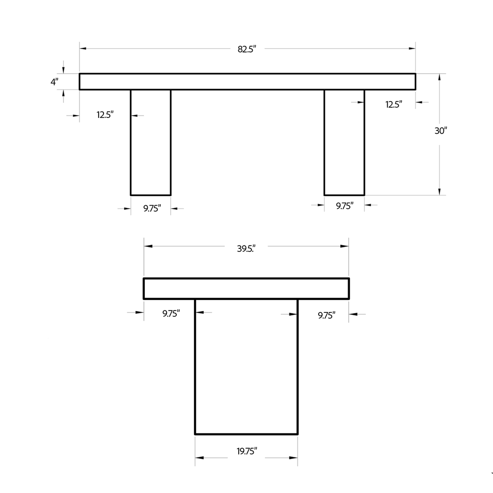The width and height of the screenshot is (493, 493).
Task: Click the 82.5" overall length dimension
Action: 246,49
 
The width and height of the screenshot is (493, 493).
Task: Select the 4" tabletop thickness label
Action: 54,82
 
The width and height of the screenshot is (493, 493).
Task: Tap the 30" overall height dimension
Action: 441,130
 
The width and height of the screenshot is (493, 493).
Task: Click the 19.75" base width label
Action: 246,452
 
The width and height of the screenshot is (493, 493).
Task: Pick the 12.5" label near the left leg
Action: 105,115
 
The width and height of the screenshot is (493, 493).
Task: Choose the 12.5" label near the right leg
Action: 393,104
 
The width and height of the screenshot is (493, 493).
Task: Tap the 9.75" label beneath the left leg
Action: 152,208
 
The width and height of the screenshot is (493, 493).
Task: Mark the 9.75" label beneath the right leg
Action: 344,206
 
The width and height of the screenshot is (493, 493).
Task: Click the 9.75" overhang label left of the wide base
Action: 171,313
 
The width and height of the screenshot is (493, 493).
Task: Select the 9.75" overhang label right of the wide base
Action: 326,315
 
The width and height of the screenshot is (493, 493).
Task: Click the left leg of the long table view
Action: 151,142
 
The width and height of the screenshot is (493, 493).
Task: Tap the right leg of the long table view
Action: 344,142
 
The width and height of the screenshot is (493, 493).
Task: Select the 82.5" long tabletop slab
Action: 247,81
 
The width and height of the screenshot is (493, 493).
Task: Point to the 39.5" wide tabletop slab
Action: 246,288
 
